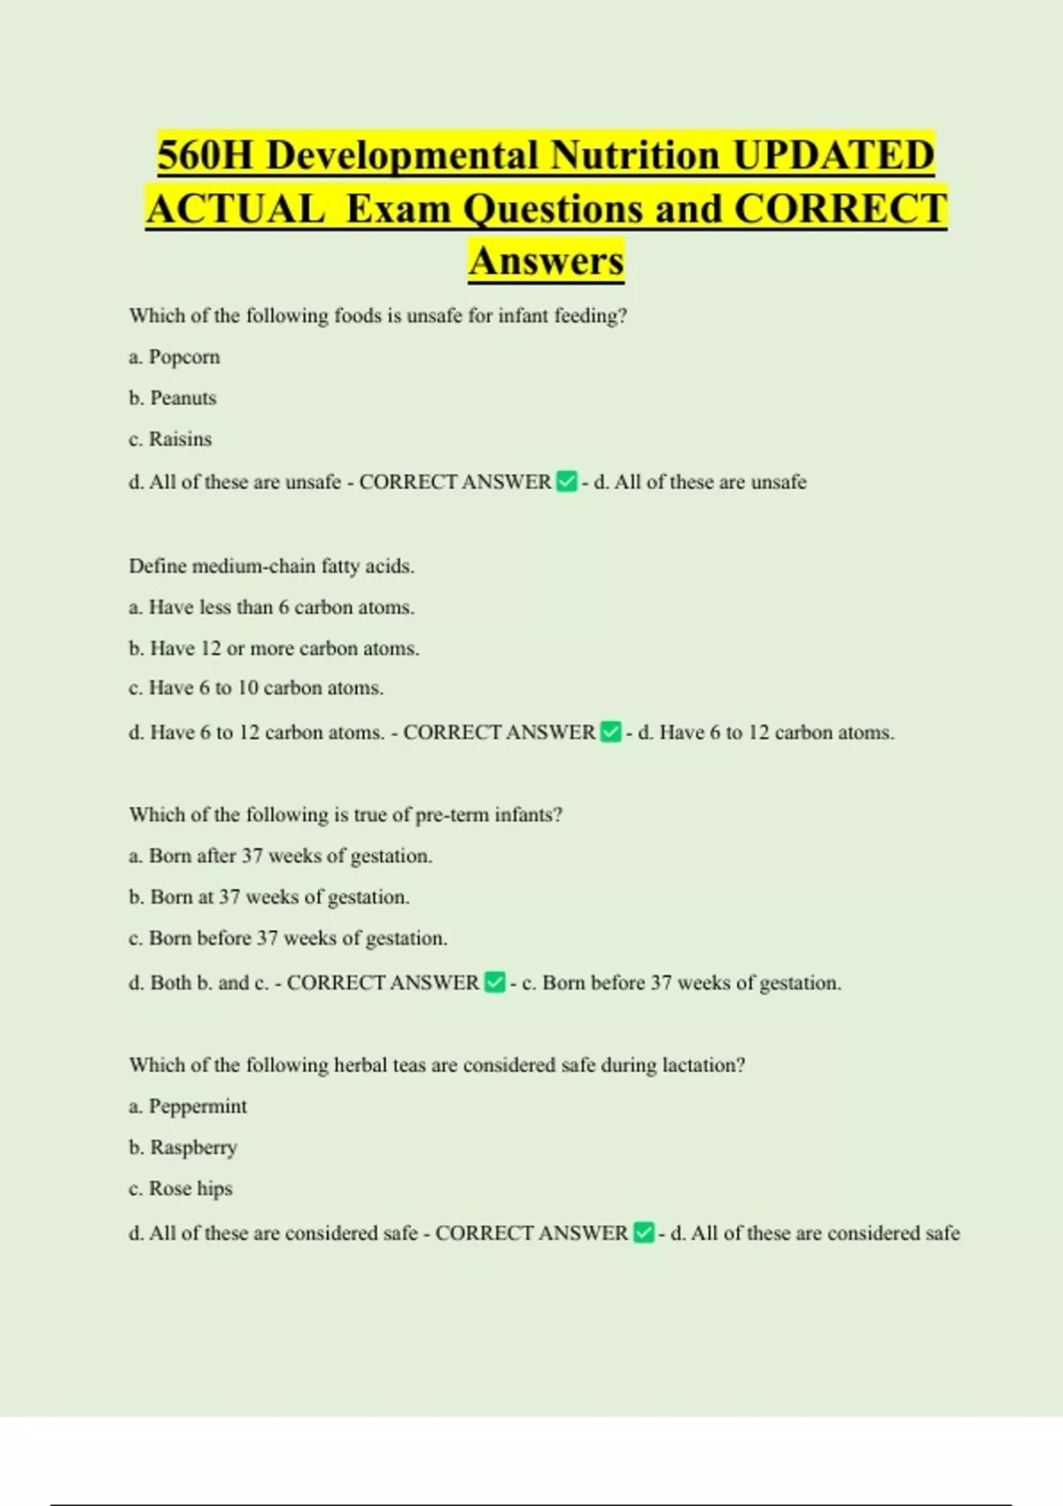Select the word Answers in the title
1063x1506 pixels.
547,260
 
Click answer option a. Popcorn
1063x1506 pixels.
175,357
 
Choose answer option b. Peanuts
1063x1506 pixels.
173,398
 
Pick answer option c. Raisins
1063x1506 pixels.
170,439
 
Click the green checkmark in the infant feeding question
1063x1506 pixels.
566,482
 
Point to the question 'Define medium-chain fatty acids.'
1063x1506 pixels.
271,566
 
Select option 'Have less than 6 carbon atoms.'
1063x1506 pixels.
272,607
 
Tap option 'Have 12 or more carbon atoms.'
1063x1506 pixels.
274,648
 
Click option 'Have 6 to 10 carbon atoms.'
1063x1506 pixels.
256,688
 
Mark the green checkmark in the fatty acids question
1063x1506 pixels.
610,733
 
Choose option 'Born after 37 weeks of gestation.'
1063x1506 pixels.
281,856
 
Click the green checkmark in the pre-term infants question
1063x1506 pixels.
495,982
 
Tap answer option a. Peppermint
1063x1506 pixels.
188,1106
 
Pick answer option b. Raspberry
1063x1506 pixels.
183,1147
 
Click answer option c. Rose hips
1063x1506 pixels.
181,1188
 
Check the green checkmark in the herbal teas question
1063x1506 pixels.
644,1233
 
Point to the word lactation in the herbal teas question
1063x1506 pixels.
702,1065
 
